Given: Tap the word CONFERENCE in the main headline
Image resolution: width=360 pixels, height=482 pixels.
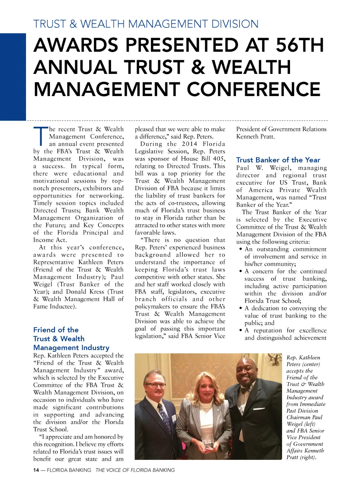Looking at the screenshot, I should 254,89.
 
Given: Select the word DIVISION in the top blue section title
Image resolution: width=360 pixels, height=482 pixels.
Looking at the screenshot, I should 235,24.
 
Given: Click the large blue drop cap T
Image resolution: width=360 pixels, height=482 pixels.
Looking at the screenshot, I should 40,136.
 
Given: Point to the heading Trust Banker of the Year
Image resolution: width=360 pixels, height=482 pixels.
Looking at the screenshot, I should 278,160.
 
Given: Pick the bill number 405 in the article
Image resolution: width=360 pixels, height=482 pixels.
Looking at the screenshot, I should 219,159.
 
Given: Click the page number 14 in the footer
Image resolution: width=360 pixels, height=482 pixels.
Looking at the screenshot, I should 36,470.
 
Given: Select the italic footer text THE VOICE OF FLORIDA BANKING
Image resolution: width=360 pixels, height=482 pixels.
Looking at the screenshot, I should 135,470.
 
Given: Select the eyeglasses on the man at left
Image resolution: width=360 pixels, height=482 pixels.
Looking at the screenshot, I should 155,385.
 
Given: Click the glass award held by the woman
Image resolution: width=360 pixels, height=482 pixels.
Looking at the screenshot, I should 210,444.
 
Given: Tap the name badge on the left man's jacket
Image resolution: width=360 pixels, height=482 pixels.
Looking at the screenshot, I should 174,418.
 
